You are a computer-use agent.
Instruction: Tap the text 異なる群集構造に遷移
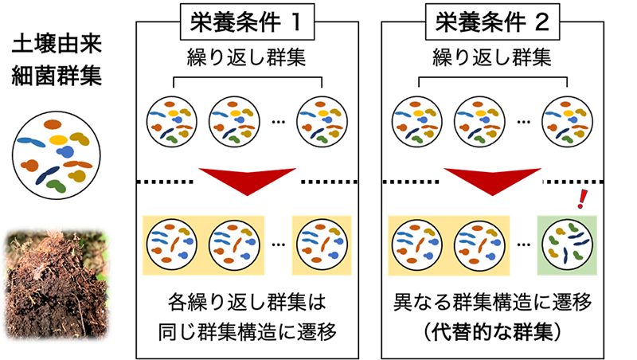493,303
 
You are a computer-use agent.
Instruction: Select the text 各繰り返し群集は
248,303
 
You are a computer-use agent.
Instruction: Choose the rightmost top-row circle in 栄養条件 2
566,120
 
